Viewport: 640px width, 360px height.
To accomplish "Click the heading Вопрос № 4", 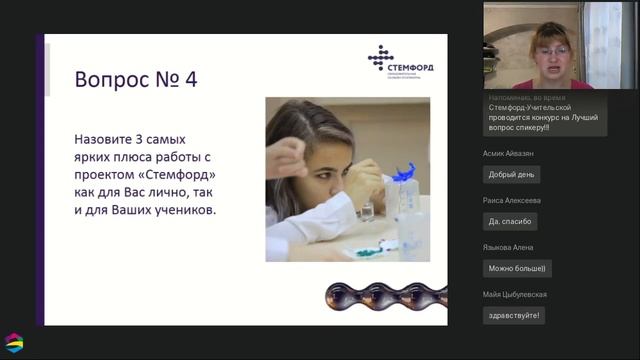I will tap(135, 79).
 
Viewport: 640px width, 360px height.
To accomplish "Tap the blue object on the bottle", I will tap(403, 173).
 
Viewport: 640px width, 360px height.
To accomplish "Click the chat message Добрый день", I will tap(511, 174).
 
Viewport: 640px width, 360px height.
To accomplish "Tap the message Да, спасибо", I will tap(511, 221).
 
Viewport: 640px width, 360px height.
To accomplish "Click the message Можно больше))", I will tap(518, 268).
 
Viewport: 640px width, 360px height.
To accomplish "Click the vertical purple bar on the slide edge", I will tap(43, 180).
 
